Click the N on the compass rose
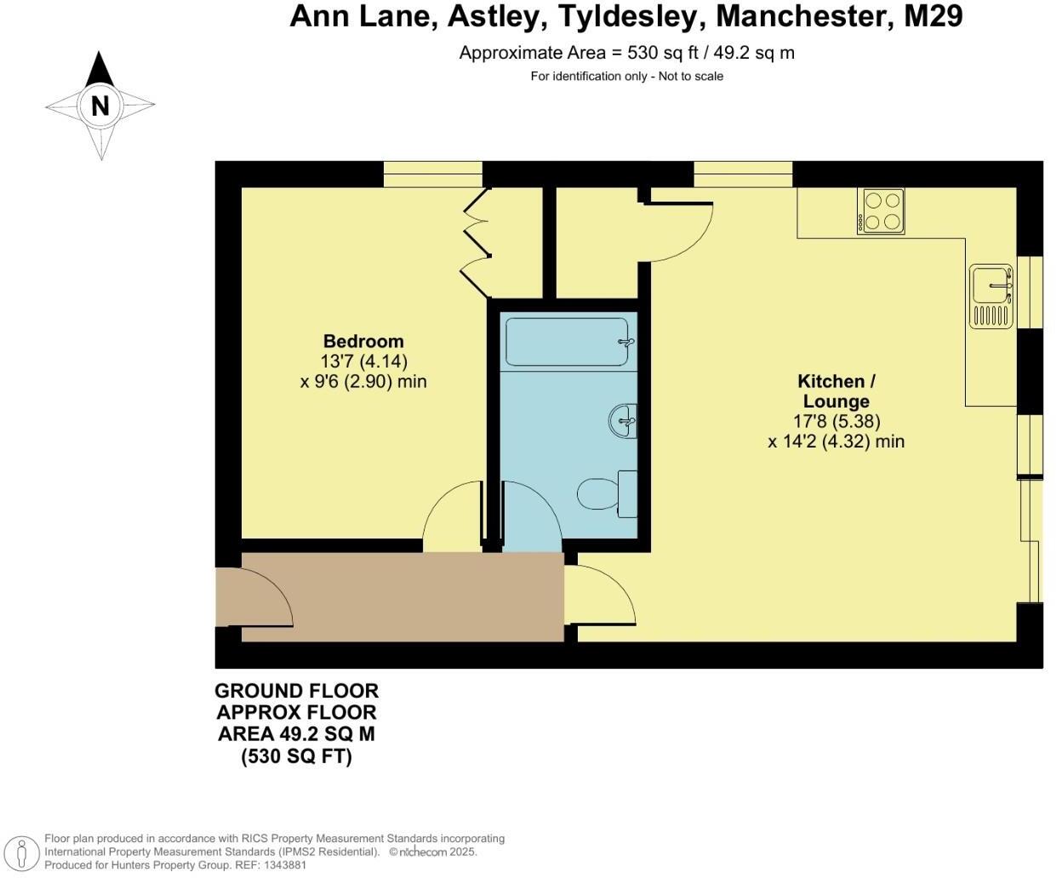pos(100,105)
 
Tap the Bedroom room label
pos(363,342)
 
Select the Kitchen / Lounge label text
pos(836,391)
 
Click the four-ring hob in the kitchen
pos(881,210)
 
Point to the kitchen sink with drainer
pos(991,296)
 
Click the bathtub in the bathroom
pos(567,342)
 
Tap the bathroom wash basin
pos(623,420)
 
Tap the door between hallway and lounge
pos(602,596)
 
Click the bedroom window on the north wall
pos(433,174)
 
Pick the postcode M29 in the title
pos(933,16)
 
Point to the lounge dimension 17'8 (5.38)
pos(836,421)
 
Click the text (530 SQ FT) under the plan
pos(296,756)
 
